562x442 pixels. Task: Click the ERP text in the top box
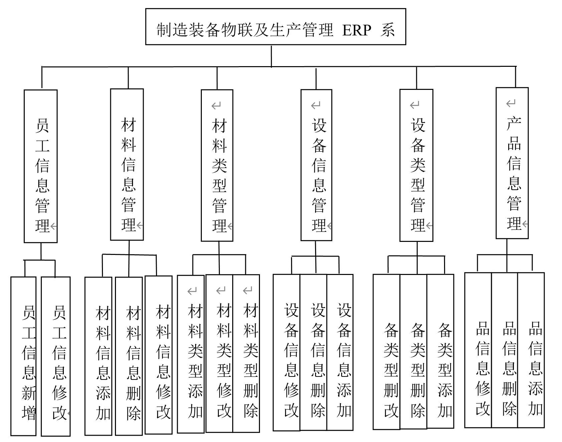pos(357,30)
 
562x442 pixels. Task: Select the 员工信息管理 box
pos(41,166)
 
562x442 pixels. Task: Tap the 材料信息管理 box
pos(127,164)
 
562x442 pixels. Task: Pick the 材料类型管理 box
pos(217,165)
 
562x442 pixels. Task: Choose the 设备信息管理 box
pos(316,165)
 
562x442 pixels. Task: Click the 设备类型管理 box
pos(416,165)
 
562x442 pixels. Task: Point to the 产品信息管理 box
pos(512,163)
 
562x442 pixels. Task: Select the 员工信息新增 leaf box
pos(23,356)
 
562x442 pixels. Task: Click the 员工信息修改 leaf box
pos(56,356)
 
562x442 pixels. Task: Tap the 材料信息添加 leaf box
pos(98,356)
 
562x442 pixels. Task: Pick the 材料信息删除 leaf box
pos(129,356)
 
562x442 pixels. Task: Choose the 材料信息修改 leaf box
pos(159,355)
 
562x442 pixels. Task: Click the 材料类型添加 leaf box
pos(191,354)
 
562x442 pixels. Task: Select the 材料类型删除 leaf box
pos(246,353)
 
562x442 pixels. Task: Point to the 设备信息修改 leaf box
pos(287,352)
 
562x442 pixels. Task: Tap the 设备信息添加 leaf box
pos(340,352)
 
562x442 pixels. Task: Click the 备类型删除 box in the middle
pos(414,351)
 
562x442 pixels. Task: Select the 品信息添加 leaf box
pos(531,350)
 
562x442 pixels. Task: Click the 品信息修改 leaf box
pos(478,350)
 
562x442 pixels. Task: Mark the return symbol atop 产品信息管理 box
pos(511,104)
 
